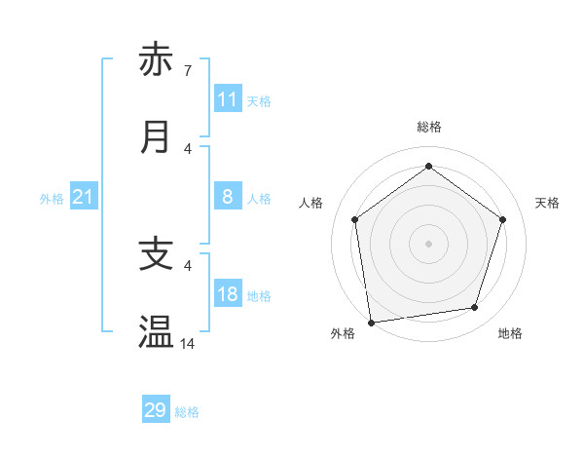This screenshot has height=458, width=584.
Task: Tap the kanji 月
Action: pyautogui.click(x=157, y=137)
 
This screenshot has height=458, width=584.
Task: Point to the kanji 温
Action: pyautogui.click(x=157, y=332)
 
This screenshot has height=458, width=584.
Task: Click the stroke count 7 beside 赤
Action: pyautogui.click(x=187, y=71)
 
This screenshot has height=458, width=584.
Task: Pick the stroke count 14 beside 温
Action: pyautogui.click(x=188, y=344)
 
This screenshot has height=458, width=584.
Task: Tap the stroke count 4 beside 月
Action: pyautogui.click(x=187, y=149)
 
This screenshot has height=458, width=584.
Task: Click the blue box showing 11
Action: pyautogui.click(x=228, y=99)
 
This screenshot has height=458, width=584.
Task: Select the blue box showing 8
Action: pyautogui.click(x=228, y=197)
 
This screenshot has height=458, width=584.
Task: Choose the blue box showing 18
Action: pyautogui.click(x=228, y=294)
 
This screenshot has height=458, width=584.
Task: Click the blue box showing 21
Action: pyautogui.click(x=84, y=197)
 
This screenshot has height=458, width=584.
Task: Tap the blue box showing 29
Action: pyautogui.click(x=156, y=410)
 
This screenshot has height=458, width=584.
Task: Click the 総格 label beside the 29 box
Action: pyautogui.click(x=187, y=412)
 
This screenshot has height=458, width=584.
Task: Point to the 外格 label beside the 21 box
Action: pyautogui.click(x=52, y=199)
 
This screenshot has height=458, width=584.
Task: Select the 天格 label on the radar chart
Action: pyautogui.click(x=547, y=203)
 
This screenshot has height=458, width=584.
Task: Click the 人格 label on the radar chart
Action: pyautogui.click(x=310, y=203)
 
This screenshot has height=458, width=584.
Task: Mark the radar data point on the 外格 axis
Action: pyautogui.click(x=371, y=322)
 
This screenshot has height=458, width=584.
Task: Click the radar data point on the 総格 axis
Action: pyautogui.click(x=428, y=167)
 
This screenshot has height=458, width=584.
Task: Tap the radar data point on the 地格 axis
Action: pyautogui.click(x=475, y=308)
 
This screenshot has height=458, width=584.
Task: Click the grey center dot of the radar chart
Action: pyautogui.click(x=428, y=243)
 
